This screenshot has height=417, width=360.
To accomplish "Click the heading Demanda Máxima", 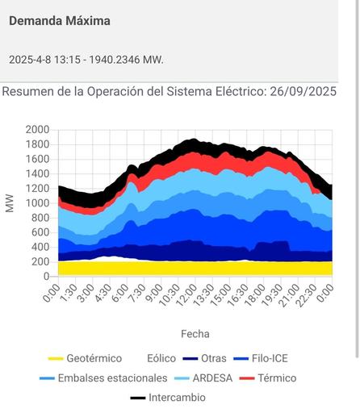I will tap(60, 21).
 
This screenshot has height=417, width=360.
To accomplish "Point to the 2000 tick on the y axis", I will tap(37, 130).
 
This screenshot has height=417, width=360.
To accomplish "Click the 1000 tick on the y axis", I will tap(37, 203).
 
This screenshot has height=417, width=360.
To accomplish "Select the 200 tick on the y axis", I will tap(40, 262).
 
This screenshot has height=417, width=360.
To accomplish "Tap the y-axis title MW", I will tap(10, 203).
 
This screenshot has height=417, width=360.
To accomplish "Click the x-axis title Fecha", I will tap(195, 333).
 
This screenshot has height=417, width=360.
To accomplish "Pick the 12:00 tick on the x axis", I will tap(188, 295).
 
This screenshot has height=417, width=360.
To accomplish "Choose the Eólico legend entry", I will tap(161, 359).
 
